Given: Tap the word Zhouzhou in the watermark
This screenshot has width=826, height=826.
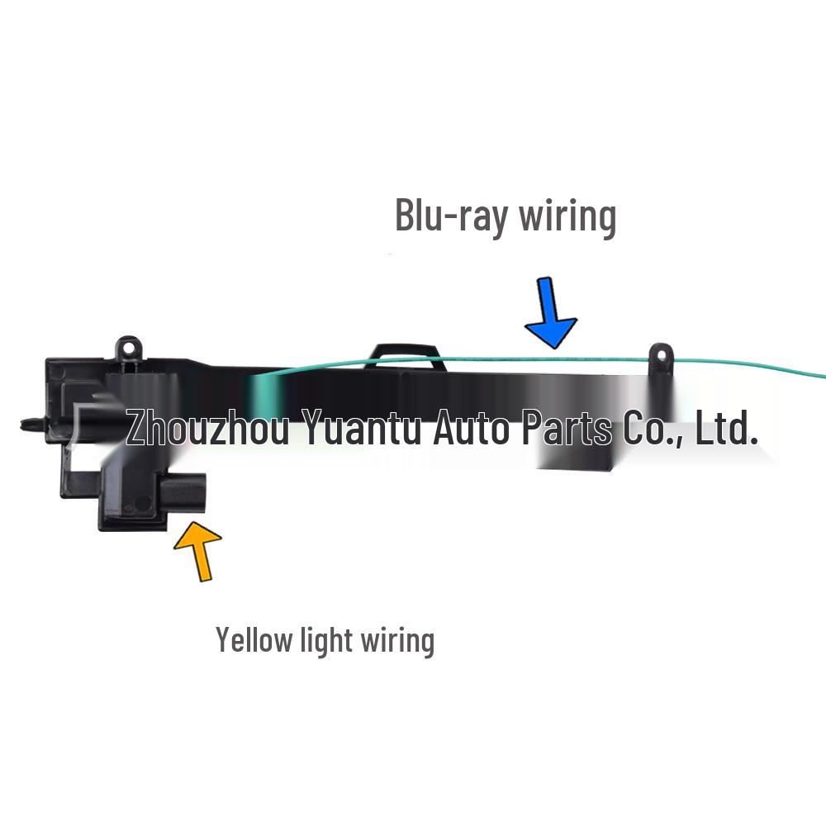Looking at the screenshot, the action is (x=207, y=430).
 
